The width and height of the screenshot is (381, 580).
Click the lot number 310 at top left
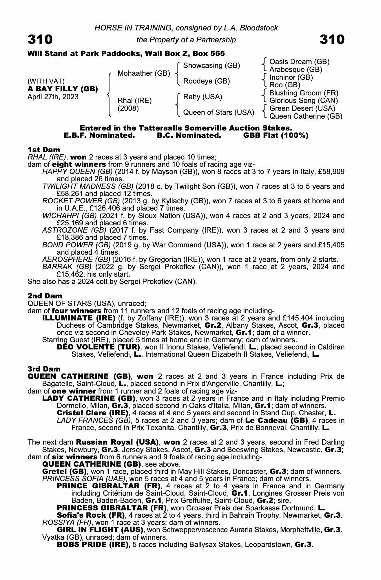(x=40, y=39)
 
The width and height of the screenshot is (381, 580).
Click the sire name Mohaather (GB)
(x=144, y=73)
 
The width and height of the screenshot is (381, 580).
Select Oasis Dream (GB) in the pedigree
(x=299, y=62)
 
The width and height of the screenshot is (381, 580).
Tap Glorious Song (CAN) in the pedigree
(x=304, y=101)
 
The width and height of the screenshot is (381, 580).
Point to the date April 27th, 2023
(x=53, y=97)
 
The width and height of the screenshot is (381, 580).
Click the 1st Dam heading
(x=44, y=150)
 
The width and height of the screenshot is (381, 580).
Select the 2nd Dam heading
(x=45, y=296)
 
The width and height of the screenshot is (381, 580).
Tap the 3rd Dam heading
(x=44, y=369)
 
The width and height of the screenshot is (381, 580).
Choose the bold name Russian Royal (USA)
(x=117, y=443)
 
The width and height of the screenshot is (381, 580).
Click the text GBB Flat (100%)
(x=276, y=135)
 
